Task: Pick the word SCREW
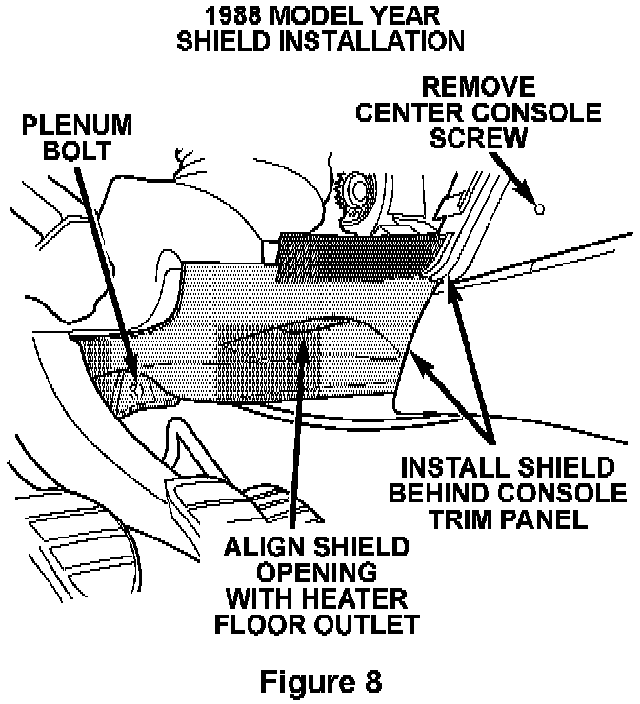coord(478,138)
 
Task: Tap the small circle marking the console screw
coord(539,207)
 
